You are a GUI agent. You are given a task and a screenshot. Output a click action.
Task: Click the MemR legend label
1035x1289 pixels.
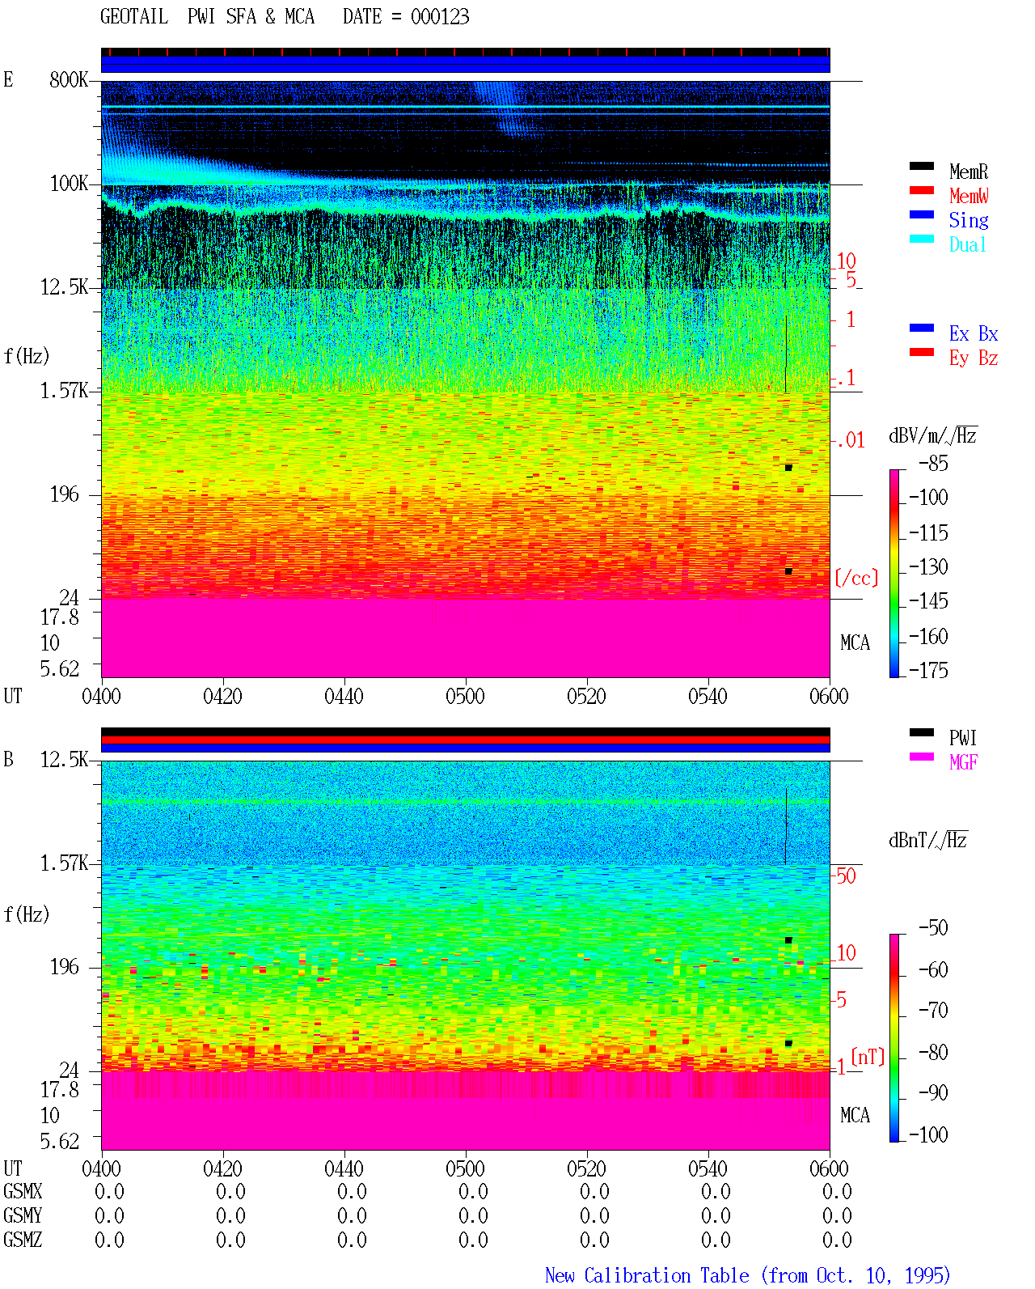click(968, 172)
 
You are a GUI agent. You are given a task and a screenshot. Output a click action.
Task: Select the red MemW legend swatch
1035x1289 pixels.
click(921, 190)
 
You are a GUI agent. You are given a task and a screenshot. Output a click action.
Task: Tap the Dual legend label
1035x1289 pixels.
click(967, 244)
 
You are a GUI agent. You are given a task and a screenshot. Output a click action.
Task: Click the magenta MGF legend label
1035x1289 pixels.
click(963, 762)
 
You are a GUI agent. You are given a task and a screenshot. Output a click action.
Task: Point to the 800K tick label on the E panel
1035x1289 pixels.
click(69, 79)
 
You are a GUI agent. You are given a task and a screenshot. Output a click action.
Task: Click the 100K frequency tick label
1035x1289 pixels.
click(69, 184)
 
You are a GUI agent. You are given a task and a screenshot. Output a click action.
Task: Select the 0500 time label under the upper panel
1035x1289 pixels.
click(465, 696)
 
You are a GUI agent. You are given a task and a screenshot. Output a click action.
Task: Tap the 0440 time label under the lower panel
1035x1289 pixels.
click(344, 1168)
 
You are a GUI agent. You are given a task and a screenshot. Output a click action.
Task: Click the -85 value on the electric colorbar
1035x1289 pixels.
click(933, 463)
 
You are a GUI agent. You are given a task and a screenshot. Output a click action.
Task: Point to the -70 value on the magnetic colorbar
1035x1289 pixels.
click(933, 1011)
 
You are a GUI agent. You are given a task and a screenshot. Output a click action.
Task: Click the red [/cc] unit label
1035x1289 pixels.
click(856, 578)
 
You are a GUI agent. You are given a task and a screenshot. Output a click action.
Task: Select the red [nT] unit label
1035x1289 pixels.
click(868, 1056)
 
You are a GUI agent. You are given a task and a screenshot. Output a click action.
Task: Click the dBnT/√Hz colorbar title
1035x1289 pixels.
click(927, 840)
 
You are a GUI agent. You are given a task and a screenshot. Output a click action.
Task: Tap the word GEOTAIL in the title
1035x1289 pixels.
click(134, 16)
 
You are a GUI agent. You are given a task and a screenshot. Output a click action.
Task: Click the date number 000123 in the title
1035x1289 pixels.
click(440, 16)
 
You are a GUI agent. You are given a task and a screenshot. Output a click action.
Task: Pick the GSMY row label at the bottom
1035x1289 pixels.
click(23, 1215)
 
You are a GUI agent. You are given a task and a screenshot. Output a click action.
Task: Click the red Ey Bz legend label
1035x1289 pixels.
click(974, 358)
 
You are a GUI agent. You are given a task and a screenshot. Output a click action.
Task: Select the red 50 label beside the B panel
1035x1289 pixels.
click(846, 876)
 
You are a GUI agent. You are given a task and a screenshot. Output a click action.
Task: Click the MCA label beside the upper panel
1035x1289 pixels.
click(855, 642)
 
